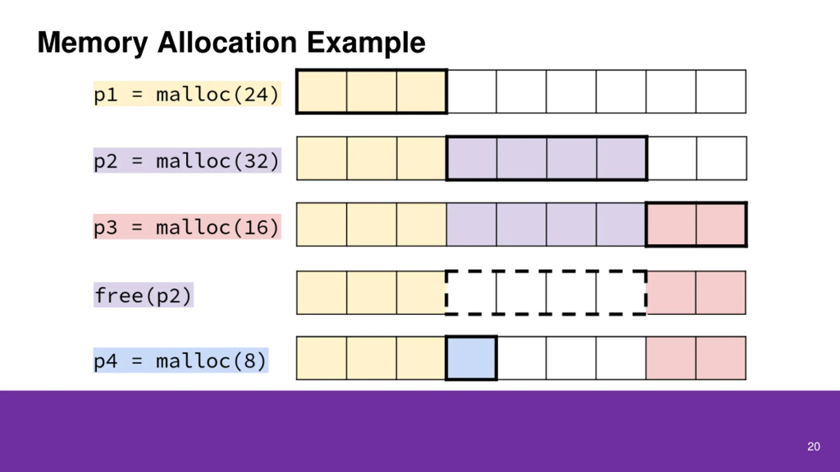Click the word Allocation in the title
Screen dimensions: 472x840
click(x=227, y=43)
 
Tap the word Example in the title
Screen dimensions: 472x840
click(x=366, y=43)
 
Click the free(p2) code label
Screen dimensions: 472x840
click(x=143, y=295)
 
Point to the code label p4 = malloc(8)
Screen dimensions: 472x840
click(x=180, y=361)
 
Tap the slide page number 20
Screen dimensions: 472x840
click(x=813, y=446)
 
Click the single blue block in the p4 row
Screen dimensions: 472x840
click(x=471, y=358)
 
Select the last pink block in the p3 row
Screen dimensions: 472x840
click(x=721, y=225)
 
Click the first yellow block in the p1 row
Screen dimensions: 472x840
click(x=322, y=92)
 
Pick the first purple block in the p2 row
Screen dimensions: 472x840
click(x=472, y=158)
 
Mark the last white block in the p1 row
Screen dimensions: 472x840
click(x=721, y=92)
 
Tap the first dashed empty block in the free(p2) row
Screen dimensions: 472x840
click(x=471, y=292)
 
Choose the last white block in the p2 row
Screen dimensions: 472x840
click(x=722, y=158)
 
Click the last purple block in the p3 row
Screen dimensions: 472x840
click(x=621, y=225)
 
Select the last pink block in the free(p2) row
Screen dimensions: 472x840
click(x=721, y=292)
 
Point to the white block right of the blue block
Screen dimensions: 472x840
click(x=522, y=358)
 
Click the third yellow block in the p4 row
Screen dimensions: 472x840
click(x=421, y=358)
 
